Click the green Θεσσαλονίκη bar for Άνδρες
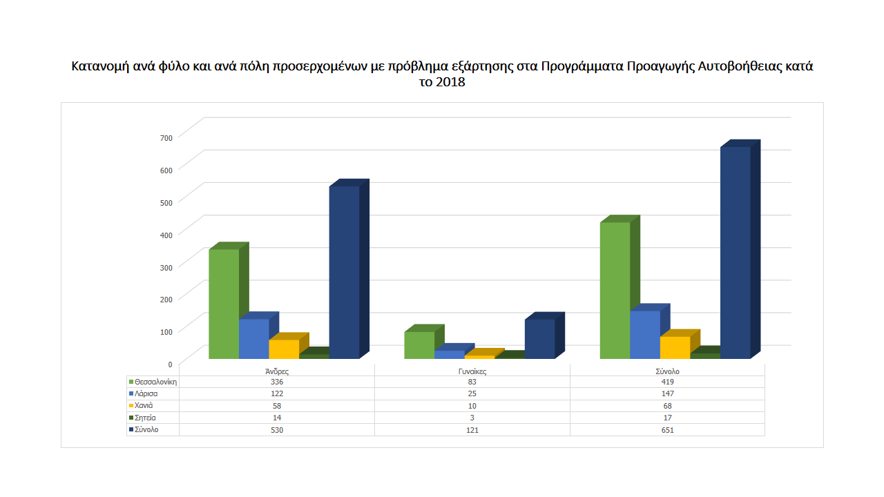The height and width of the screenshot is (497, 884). click(x=224, y=304)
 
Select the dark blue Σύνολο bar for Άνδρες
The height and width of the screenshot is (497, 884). click(x=344, y=273)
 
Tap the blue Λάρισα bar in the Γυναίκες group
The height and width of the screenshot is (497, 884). click(x=449, y=355)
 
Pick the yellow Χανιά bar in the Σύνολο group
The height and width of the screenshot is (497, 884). click(x=675, y=347)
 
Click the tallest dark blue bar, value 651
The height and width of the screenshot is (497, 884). click(x=735, y=253)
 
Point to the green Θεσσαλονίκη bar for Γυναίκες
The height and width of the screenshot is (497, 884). click(x=419, y=345)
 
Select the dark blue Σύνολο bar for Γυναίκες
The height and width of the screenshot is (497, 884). click(x=539, y=339)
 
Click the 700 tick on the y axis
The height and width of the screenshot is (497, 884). click(x=166, y=138)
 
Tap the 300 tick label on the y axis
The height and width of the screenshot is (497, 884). click(x=166, y=266)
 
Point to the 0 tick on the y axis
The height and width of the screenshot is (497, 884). click(x=170, y=364)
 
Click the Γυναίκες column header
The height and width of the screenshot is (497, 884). click(x=472, y=371)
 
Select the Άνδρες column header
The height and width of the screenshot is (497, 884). click(x=277, y=371)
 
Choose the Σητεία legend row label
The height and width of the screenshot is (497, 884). click(x=146, y=418)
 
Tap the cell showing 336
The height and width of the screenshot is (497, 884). click(x=277, y=382)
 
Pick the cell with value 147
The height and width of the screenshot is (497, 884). click(x=667, y=393)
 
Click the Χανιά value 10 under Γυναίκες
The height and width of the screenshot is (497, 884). click(x=472, y=406)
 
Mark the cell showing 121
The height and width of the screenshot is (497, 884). click(x=472, y=430)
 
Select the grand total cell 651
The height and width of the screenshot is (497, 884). click(x=667, y=430)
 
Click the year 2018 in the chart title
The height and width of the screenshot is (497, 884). click(x=450, y=83)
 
